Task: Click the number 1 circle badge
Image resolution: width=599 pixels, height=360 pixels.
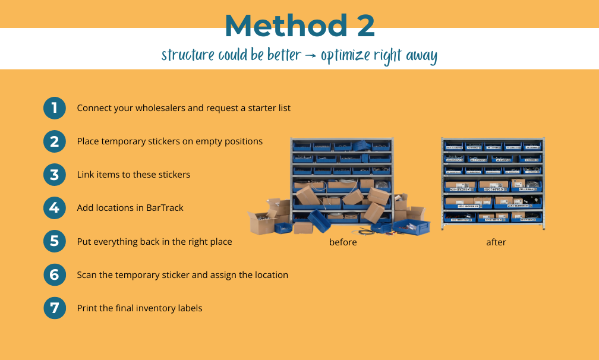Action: [x=55, y=108]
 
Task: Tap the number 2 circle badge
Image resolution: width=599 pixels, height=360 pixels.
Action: [x=55, y=141]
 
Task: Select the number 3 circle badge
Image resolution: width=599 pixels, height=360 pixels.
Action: [x=55, y=175]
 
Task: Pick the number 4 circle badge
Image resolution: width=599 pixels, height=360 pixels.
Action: [x=55, y=208]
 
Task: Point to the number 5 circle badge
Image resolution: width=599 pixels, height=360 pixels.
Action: [x=55, y=241]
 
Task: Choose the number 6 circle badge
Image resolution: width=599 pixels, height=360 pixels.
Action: [x=55, y=275]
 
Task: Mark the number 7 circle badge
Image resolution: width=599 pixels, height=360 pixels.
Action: [x=55, y=308]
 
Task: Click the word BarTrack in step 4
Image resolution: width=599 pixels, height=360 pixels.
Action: [x=165, y=208]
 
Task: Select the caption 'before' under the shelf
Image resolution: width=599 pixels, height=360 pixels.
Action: [x=343, y=242]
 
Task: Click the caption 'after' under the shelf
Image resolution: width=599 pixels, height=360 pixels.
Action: [x=496, y=242]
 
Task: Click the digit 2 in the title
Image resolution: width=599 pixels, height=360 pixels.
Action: [x=361, y=26]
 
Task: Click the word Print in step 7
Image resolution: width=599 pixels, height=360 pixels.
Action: [x=87, y=308]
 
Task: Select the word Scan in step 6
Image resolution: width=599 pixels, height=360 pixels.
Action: [x=87, y=275]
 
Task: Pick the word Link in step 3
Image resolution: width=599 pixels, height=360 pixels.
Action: [x=86, y=175]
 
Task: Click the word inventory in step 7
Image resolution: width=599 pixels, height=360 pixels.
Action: [x=152, y=308]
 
